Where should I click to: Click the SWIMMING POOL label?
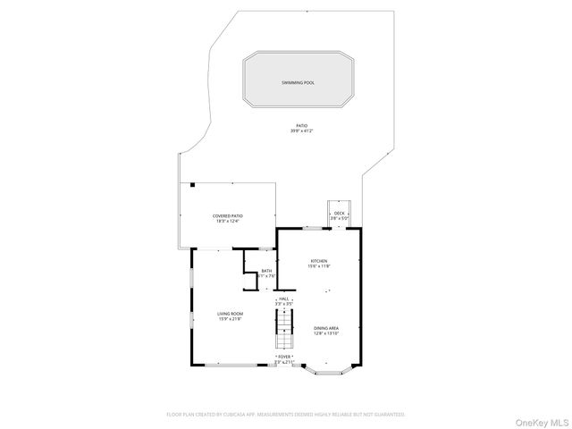[299, 82]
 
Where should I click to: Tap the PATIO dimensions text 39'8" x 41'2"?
[301, 131]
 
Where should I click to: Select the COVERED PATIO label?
[228, 215]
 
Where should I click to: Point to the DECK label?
[339, 213]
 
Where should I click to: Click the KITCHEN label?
[320, 261]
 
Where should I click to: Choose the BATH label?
[266, 271]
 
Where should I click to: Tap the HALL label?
[284, 299]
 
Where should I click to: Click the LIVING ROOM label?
[230, 314]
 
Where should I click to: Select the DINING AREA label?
[325, 328]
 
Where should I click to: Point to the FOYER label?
[284, 357]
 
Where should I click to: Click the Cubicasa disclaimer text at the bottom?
[286, 415]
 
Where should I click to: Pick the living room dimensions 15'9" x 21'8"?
[230, 319]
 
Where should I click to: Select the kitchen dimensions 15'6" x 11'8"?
[320, 266]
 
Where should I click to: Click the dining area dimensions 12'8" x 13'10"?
[325, 333]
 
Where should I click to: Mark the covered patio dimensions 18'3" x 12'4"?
[228, 221]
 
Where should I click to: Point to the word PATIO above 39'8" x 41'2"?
[301, 126]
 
